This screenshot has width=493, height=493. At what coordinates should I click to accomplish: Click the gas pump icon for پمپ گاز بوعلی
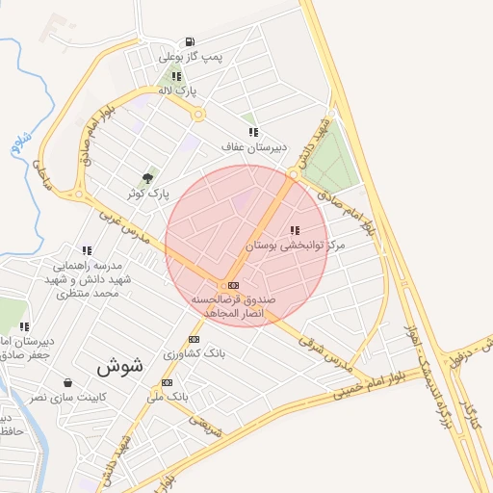[x=190, y=41]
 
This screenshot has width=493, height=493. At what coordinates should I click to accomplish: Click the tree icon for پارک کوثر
[x=147, y=178]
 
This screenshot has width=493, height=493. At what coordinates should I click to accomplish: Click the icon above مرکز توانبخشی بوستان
[x=294, y=231]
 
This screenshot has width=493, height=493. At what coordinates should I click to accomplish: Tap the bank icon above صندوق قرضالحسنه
[x=233, y=285]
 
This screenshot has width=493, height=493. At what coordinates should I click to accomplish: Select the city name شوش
[x=120, y=366]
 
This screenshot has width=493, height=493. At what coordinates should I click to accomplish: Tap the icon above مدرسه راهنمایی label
[x=87, y=250]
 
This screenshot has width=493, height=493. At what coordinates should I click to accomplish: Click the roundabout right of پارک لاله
[x=199, y=116]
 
